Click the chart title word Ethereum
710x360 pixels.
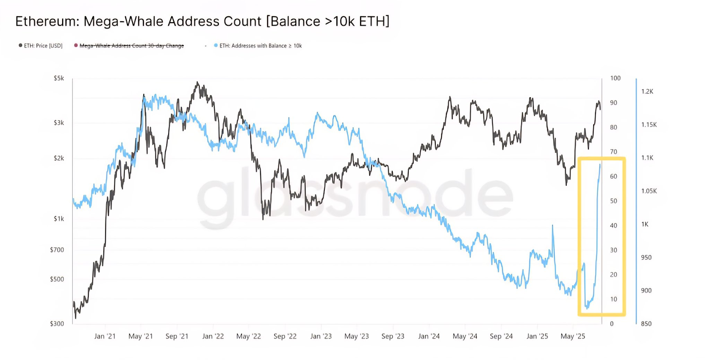pyautogui.click(x=43, y=21)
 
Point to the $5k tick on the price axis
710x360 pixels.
pyautogui.click(x=59, y=78)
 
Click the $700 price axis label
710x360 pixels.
pyautogui.click(x=57, y=250)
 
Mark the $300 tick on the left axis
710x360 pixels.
pyautogui.click(x=57, y=324)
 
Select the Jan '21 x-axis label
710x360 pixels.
pyautogui.click(x=105, y=336)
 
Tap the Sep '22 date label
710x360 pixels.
pyautogui.click(x=285, y=336)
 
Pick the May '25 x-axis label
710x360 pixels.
pyautogui.click(x=572, y=336)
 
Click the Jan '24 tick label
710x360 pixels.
pyautogui.click(x=429, y=336)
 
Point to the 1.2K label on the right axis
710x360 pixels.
pyautogui.click(x=647, y=91)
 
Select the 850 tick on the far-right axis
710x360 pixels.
pyautogui.click(x=646, y=324)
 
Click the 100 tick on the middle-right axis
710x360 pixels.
pyautogui.click(x=615, y=78)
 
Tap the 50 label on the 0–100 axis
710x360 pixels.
pyautogui.click(x=613, y=201)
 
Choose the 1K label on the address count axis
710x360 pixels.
pyautogui.click(x=645, y=224)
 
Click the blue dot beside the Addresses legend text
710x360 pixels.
pyautogui.click(x=216, y=45)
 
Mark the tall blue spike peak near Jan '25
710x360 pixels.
pyautogui.click(x=552, y=225)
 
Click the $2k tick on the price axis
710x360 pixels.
pyautogui.click(x=59, y=158)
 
